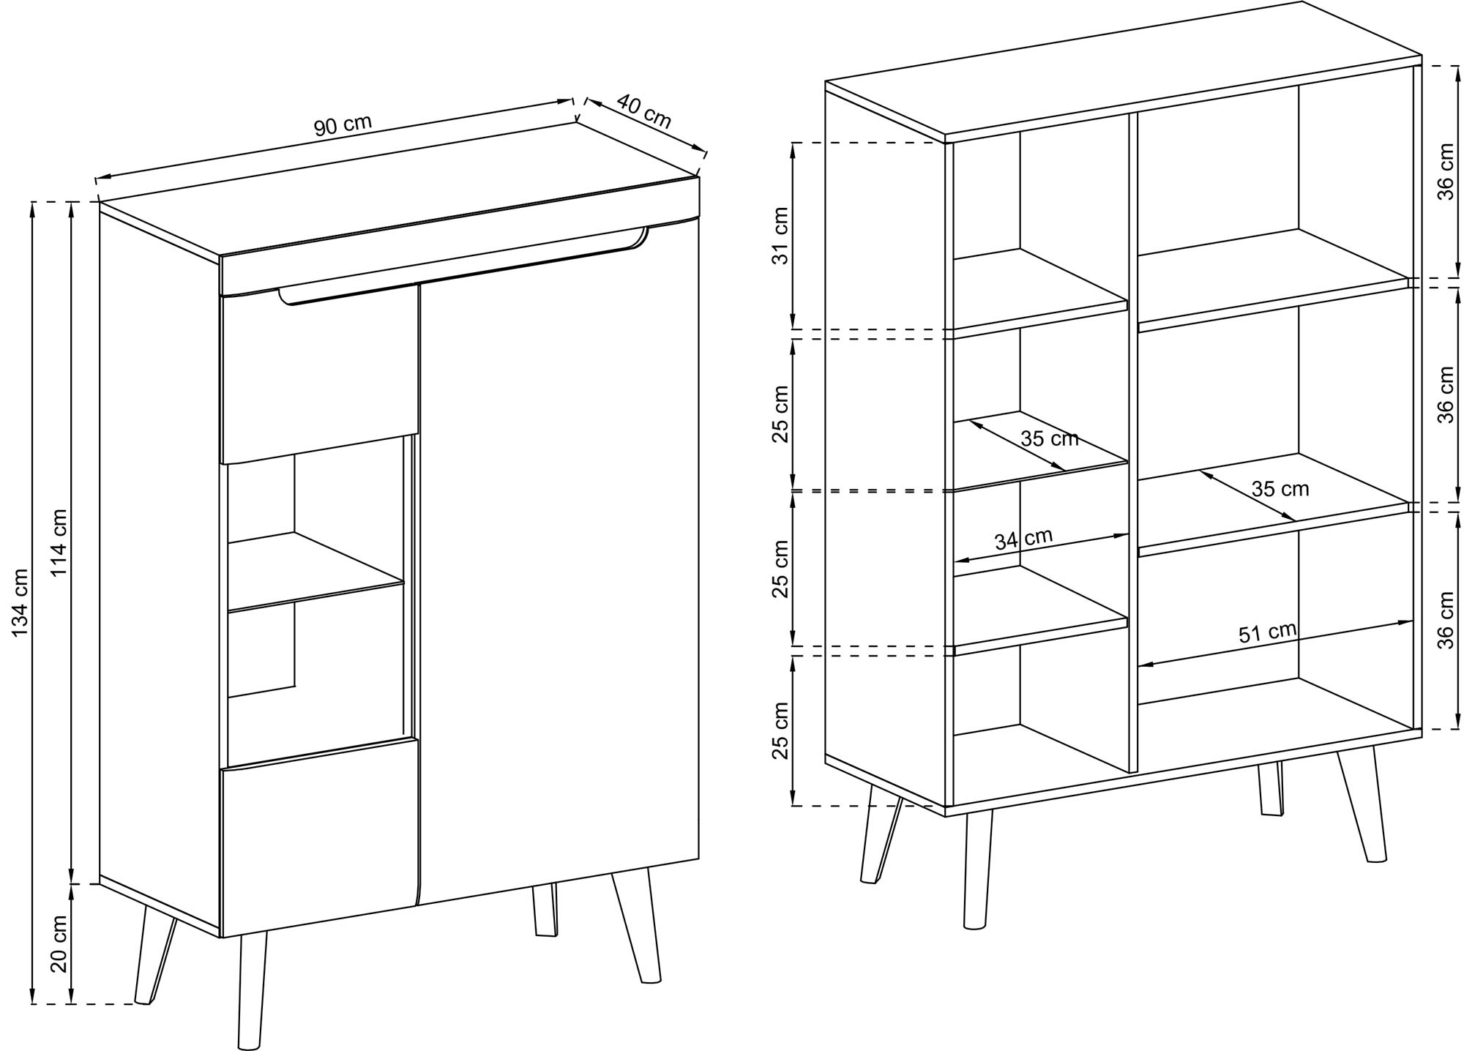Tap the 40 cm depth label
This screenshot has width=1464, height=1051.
click(644, 111)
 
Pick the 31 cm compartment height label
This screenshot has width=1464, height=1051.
click(781, 236)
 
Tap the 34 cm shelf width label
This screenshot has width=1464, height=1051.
click(1023, 539)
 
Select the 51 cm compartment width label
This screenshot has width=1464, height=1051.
click(1267, 632)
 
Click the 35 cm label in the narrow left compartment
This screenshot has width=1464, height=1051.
click(1050, 438)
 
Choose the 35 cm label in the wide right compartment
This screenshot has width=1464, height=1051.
click(1280, 488)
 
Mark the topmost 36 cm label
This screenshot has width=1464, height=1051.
click(1446, 172)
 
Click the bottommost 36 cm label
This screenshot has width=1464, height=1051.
click(1446, 620)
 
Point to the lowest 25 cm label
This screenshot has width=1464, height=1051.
click(781, 730)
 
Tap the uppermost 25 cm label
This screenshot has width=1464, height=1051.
click(781, 414)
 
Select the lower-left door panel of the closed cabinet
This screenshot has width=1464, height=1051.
click(319, 838)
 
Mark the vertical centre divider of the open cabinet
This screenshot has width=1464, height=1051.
click(1133, 443)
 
